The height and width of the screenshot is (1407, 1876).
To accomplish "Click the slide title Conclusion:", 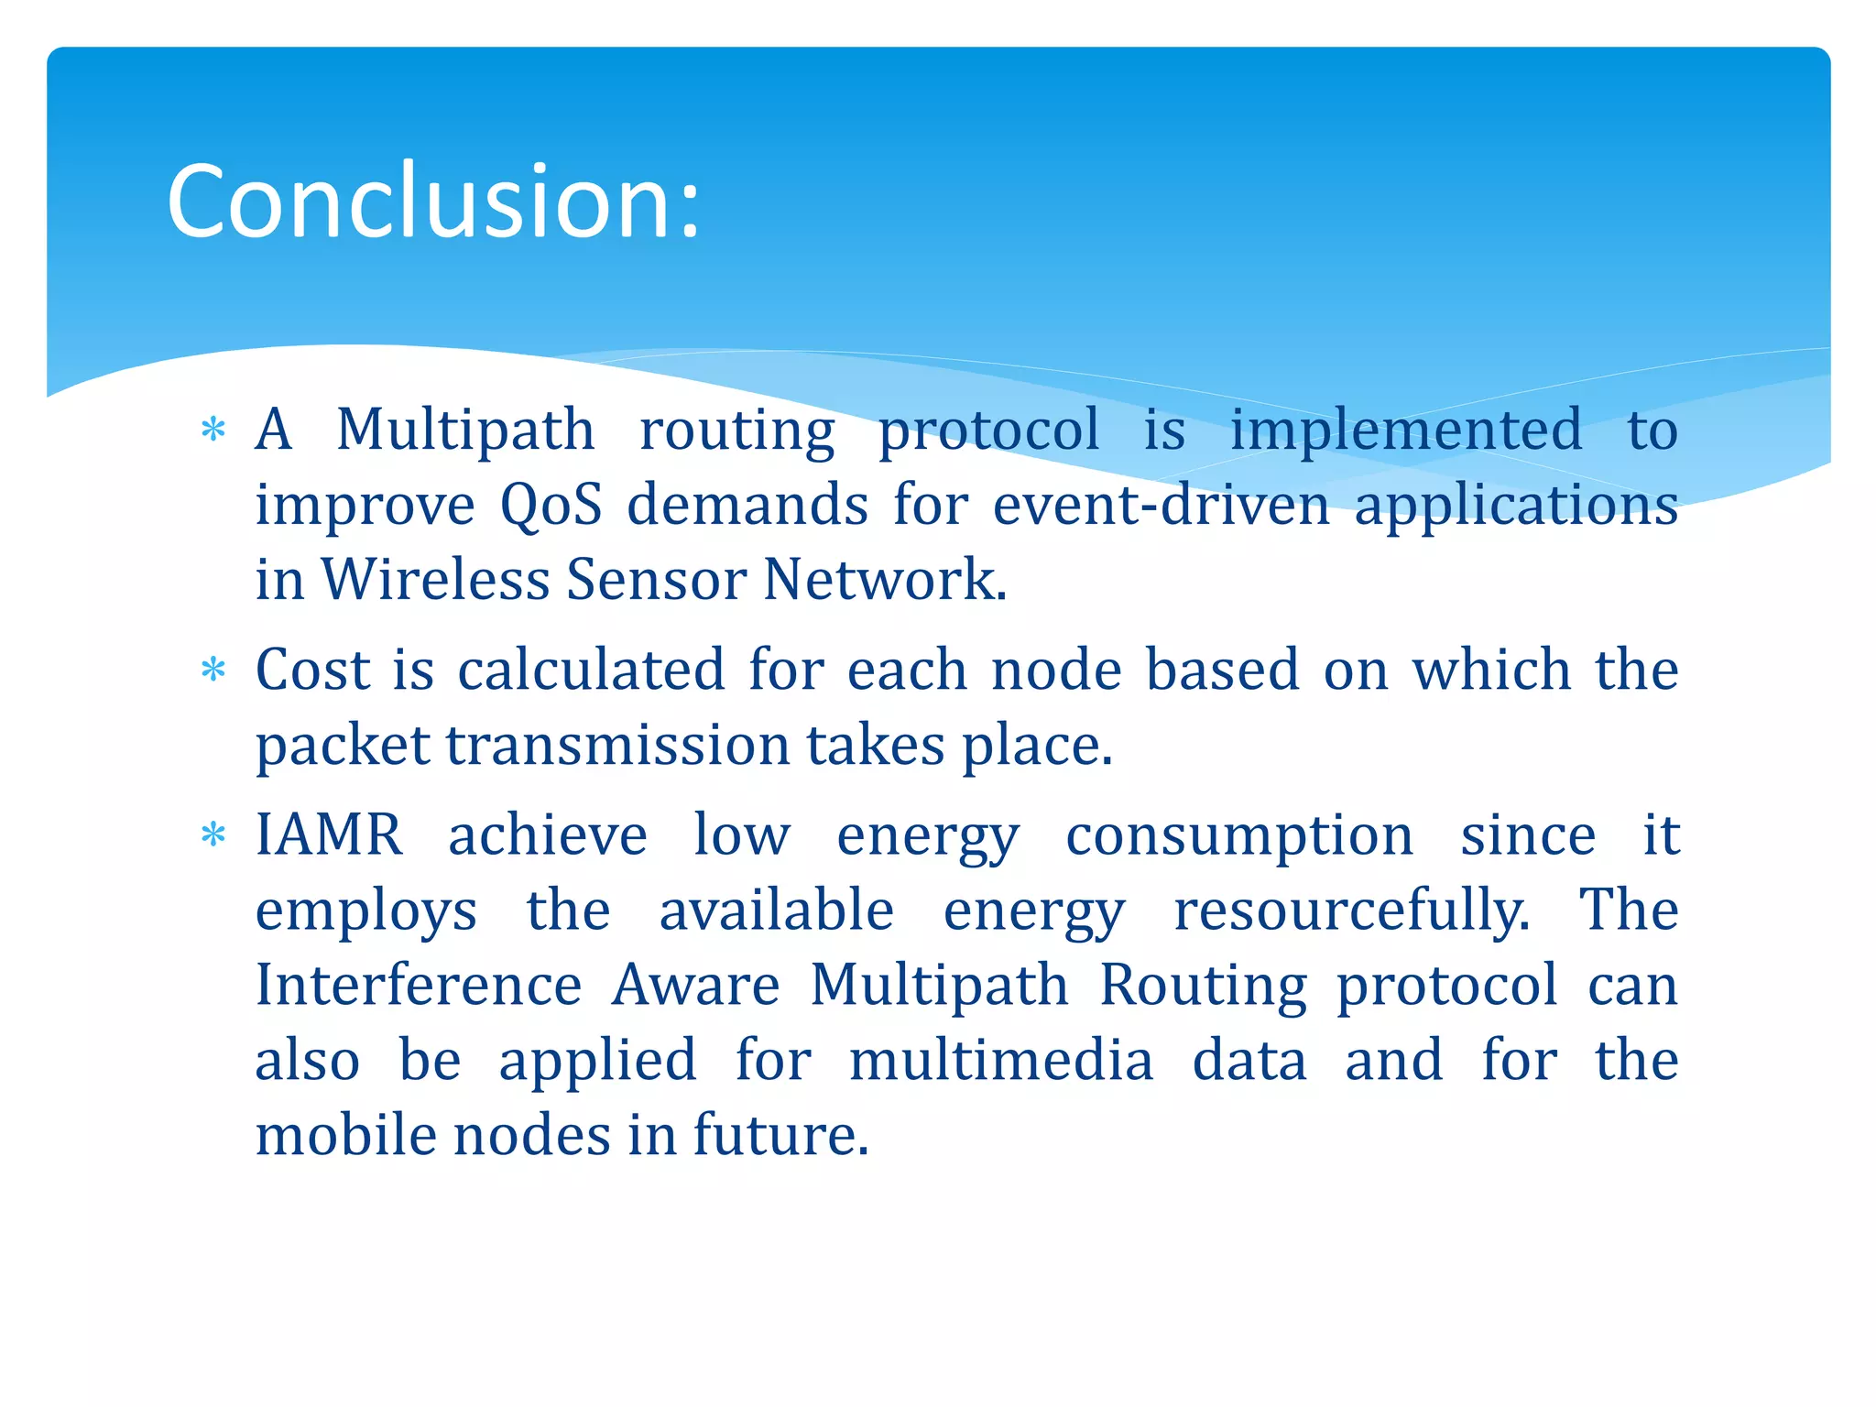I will (x=433, y=202).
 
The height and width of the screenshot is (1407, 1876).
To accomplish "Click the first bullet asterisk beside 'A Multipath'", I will (x=213, y=430).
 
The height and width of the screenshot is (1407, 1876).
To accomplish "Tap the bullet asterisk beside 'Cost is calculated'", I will (x=213, y=670).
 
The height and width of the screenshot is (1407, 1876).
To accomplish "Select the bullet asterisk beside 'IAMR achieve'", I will (x=213, y=834).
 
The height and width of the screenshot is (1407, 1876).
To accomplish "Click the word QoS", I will (x=551, y=505).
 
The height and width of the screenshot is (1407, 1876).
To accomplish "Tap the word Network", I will (x=884, y=580).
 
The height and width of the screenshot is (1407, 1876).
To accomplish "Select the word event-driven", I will (x=1161, y=505).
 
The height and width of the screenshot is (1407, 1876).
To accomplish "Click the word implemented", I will (x=1405, y=430).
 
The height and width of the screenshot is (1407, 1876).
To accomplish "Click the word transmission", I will (x=618, y=745).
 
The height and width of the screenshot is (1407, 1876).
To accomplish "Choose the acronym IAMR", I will (x=329, y=834).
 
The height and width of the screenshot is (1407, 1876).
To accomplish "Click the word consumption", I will (x=1239, y=834).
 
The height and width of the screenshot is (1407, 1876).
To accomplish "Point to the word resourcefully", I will (x=1351, y=910).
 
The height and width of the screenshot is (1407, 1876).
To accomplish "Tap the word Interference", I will (x=419, y=985).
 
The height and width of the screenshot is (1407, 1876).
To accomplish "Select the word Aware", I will (x=695, y=985).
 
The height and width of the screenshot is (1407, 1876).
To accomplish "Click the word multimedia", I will (x=1000, y=1060).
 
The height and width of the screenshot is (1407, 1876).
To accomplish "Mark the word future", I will (x=780, y=1135).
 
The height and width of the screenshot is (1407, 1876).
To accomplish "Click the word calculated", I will (x=591, y=670).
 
